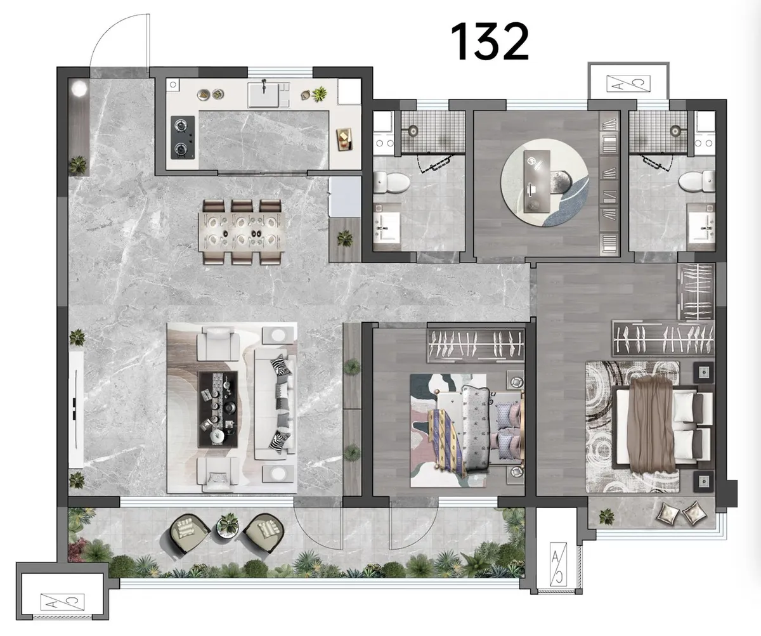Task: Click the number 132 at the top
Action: click(490, 41)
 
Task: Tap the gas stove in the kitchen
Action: click(183, 138)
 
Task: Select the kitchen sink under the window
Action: click(269, 94)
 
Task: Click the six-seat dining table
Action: click(241, 231)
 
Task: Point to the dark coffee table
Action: click(218, 409)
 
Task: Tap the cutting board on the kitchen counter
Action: click(344, 139)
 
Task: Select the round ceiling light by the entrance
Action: click(79, 89)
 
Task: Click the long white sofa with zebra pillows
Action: click(275, 404)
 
